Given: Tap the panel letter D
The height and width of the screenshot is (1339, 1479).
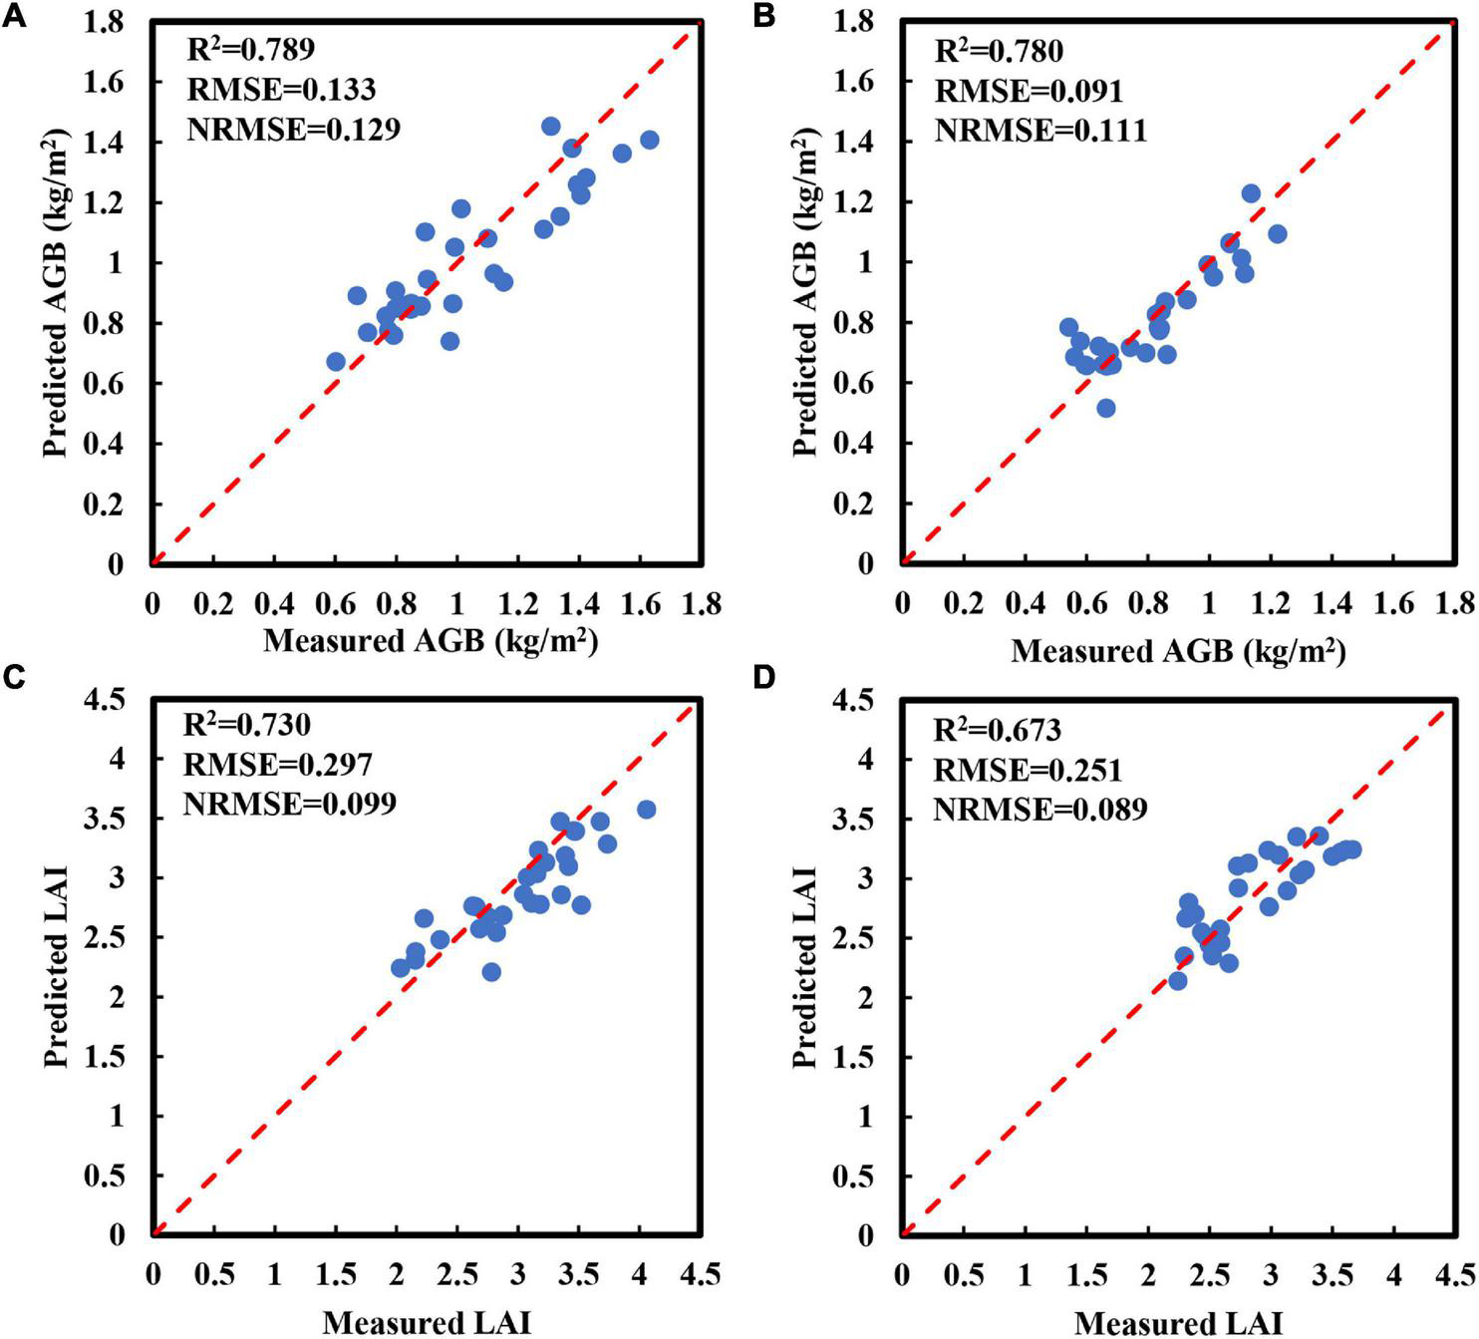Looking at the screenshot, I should coord(764,679).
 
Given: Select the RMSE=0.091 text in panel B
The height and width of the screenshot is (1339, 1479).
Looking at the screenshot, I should coord(1028,92).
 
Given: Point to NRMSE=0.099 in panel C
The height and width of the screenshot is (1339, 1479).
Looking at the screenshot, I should coord(290,804).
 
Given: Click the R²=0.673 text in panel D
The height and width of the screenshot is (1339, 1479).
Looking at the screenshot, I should coord(997,731).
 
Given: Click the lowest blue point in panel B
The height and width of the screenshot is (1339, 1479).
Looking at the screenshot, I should coord(1105,408).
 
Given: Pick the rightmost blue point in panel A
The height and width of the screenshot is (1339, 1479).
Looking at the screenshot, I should coord(649,141).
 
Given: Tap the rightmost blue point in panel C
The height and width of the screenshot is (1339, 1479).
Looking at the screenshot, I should coord(646,810).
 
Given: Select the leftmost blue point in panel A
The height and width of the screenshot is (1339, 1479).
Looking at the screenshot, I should coord(336,362).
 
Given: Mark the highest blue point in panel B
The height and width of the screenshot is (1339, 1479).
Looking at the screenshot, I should coord(1251,193).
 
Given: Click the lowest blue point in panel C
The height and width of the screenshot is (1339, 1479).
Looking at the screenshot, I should coord(491,972).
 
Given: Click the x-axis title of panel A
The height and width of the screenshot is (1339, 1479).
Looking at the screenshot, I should coord(431,641).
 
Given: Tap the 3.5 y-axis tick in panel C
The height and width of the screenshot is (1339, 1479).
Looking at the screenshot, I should coord(114,819).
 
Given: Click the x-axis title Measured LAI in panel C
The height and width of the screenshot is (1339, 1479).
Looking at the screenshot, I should coord(427,1323).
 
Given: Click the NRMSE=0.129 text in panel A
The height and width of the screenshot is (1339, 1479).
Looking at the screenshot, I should coord(294,130).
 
